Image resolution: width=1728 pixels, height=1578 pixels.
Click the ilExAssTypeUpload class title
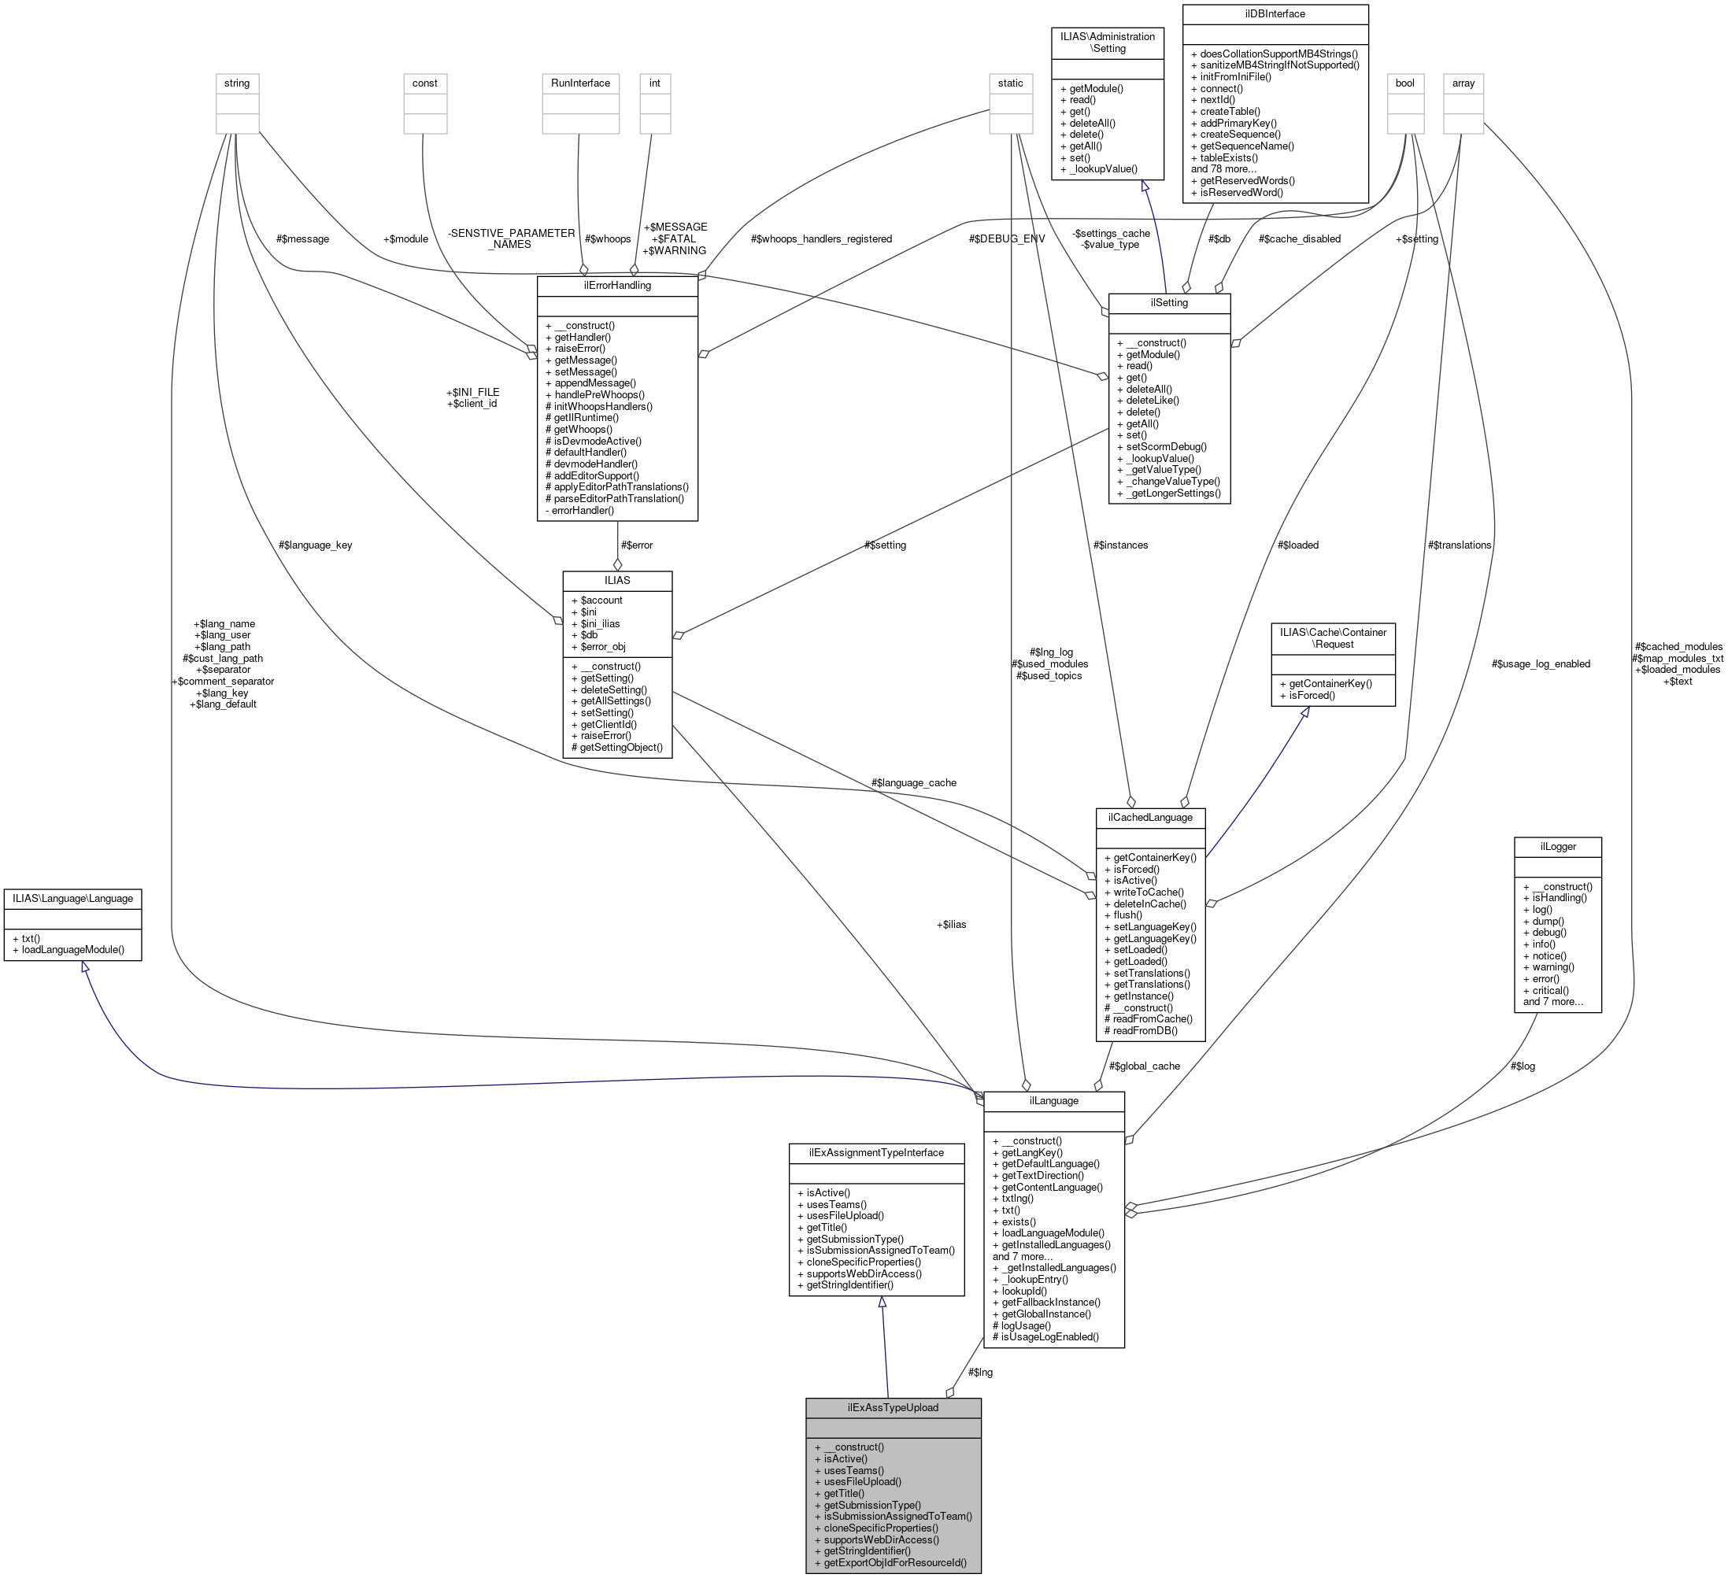pyautogui.click(x=894, y=1407)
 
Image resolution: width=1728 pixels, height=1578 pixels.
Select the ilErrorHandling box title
pyautogui.click(x=617, y=286)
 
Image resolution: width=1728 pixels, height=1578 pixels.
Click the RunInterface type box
pyautogui.click(x=580, y=83)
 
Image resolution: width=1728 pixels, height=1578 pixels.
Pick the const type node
pyautogui.click(x=424, y=83)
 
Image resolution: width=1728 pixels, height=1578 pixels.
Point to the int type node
pyautogui.click(x=655, y=83)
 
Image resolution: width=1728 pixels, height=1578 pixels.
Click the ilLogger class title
pyautogui.click(x=1557, y=847)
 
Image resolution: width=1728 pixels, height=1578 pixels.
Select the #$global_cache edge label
pyautogui.click(x=1145, y=1066)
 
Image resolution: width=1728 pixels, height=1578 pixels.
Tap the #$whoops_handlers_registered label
pyautogui.click(x=820, y=239)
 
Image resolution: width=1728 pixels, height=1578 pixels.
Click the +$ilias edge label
pyautogui.click(x=952, y=924)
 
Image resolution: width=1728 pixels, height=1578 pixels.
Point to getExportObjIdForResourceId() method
pyautogui.click(x=895, y=1562)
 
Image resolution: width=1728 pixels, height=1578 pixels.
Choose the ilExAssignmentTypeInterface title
pyautogui.click(x=877, y=1153)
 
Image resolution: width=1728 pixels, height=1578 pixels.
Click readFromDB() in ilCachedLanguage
pyautogui.click(x=1145, y=1030)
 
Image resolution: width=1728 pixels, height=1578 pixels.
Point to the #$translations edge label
pyautogui.click(x=1459, y=545)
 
